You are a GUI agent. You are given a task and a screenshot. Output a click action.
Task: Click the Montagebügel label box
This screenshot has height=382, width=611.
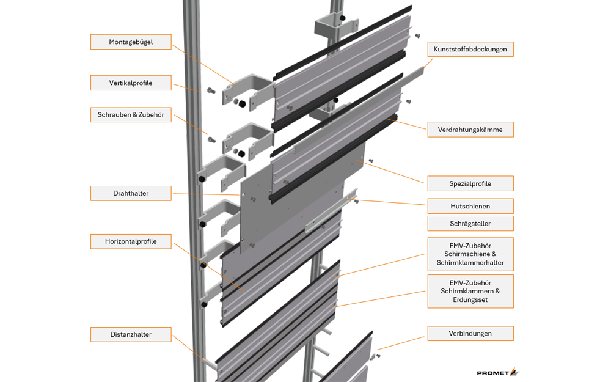[131, 42]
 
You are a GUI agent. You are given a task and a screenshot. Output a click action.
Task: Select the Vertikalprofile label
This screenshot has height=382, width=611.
[131, 83]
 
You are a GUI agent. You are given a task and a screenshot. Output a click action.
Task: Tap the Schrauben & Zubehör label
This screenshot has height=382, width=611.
[131, 115]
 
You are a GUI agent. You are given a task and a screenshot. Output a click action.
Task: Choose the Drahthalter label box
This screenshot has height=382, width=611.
[131, 193]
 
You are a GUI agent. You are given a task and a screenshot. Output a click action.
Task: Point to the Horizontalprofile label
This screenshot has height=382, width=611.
[131, 241]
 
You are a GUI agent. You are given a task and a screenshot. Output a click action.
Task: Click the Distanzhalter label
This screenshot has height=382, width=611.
[131, 334]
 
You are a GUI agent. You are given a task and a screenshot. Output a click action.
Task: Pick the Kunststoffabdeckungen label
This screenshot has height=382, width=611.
[470, 49]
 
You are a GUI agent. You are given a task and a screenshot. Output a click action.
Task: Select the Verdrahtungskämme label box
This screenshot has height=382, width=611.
[470, 130]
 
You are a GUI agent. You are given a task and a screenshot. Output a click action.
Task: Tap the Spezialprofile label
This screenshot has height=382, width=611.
[470, 183]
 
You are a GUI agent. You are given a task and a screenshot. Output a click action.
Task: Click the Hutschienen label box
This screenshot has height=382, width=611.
[470, 206]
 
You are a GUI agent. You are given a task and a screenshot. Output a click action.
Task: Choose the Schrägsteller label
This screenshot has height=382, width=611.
[470, 224]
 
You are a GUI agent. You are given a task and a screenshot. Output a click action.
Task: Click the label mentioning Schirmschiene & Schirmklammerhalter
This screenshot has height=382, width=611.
[470, 254]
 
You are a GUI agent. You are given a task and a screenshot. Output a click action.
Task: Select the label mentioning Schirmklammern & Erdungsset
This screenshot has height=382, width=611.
[470, 291]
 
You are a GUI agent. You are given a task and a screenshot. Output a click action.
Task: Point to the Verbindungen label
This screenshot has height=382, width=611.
[470, 334]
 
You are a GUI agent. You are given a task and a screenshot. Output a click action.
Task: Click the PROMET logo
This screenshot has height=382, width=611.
[498, 372]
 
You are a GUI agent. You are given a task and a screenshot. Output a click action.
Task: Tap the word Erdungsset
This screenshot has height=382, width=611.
[470, 299]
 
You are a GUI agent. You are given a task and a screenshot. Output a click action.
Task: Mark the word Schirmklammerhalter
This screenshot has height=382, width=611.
[470, 263]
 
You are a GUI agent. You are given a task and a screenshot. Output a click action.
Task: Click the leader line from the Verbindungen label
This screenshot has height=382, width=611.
[401, 343]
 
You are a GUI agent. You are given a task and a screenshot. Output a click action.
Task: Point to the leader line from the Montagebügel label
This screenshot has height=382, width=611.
[204, 65]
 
